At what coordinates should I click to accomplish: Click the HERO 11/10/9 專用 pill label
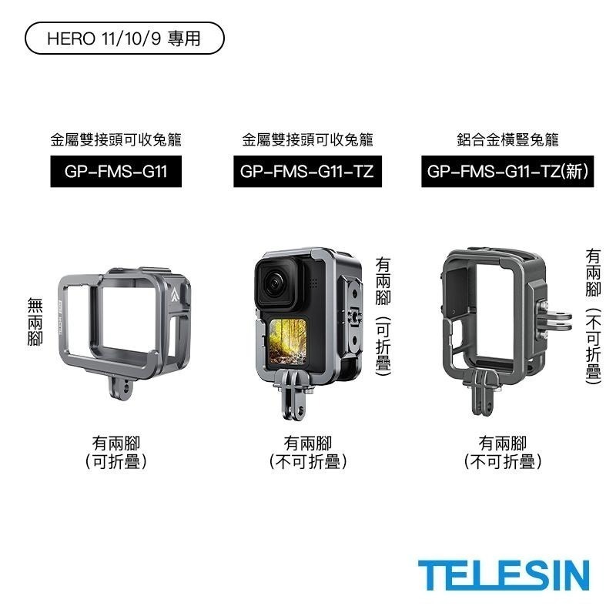[125, 38]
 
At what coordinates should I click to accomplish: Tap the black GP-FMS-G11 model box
[116, 172]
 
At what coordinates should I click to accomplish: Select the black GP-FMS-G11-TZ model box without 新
[307, 172]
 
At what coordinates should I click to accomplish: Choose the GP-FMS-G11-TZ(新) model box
[508, 172]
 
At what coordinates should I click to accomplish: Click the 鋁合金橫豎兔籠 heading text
[507, 140]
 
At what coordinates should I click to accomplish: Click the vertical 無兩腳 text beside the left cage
[34, 323]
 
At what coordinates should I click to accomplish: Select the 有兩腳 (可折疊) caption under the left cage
[116, 452]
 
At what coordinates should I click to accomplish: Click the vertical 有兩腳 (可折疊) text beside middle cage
[383, 316]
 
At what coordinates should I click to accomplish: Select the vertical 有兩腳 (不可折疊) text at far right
[592, 316]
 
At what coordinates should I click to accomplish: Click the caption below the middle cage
[307, 452]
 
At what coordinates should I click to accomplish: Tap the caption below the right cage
[502, 452]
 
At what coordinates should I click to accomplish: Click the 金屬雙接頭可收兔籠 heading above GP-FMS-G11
[116, 140]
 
